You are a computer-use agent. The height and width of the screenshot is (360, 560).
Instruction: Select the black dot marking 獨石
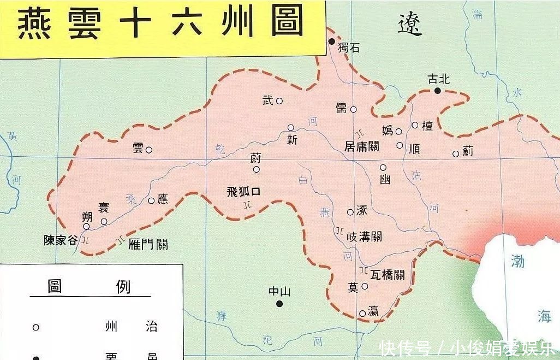coord(331,42)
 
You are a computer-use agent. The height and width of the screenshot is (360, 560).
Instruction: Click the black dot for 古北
coord(438,90)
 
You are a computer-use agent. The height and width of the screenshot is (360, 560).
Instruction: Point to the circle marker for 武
coord(279,101)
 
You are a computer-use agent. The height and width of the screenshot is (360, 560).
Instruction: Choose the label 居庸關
coord(362,146)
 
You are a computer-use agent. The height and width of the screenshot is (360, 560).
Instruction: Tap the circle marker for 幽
coord(383,168)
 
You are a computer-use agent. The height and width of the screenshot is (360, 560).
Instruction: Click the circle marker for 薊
coord(456,154)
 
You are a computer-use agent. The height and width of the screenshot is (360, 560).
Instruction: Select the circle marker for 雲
coord(149,149)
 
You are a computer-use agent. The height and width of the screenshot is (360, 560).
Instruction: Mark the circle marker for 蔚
coord(256,169)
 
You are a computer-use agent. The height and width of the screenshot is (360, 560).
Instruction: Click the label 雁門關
coord(148,244)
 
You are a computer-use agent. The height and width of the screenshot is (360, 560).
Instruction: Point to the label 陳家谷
coord(61,240)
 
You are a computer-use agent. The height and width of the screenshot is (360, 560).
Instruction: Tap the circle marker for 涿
coord(350,212)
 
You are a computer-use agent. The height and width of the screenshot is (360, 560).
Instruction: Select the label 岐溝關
coord(364,237)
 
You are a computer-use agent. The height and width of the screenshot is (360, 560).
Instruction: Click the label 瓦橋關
coord(387,275)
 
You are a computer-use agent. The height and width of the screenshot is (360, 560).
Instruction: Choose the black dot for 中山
coord(279,304)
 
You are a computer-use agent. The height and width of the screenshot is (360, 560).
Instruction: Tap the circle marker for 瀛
coord(363,314)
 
